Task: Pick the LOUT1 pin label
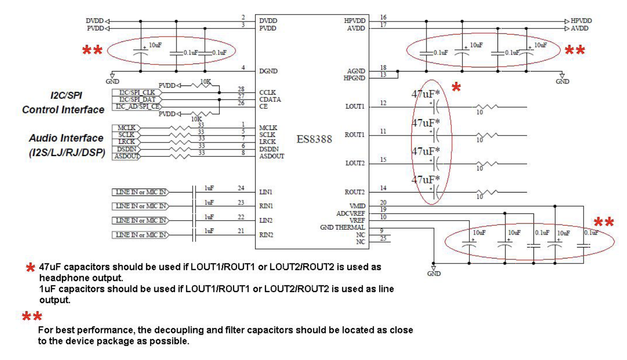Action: [x=355, y=107]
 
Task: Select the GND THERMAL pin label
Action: [x=342, y=227]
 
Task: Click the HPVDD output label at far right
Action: [x=581, y=21]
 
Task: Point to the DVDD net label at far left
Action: [x=94, y=21]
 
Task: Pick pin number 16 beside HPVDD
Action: [x=383, y=17]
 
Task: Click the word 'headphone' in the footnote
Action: [x=59, y=276]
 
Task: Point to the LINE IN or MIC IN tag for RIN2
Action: [x=140, y=234]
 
